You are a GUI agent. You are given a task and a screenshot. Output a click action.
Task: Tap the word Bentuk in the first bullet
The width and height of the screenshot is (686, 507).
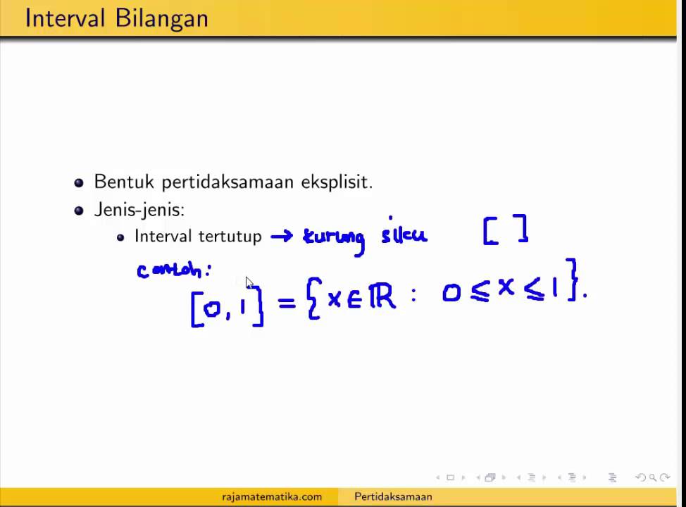125,182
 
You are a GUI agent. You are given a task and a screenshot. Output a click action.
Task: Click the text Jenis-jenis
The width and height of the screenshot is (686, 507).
139,210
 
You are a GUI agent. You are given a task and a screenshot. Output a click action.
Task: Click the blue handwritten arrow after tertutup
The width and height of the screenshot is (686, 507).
282,237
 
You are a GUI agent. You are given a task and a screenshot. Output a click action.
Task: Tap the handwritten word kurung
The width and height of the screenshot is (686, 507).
334,238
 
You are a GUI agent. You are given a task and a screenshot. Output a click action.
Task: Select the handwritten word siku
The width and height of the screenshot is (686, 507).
404,234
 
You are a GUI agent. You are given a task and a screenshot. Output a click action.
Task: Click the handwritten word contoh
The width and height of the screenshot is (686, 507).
172,270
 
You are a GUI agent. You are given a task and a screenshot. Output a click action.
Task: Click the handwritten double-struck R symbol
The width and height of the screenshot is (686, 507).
382,296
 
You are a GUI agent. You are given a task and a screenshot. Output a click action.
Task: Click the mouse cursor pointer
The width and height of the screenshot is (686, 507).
249,282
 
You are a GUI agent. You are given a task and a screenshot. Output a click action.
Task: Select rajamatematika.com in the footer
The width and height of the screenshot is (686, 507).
272,496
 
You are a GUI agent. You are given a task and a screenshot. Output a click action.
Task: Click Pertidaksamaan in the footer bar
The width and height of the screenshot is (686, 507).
393,496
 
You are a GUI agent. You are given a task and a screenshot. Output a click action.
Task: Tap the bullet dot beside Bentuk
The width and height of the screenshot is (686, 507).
79,182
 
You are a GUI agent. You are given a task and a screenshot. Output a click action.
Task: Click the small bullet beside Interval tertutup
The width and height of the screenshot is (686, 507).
121,237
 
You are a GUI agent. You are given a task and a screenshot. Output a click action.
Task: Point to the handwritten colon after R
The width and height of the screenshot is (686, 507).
414,296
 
